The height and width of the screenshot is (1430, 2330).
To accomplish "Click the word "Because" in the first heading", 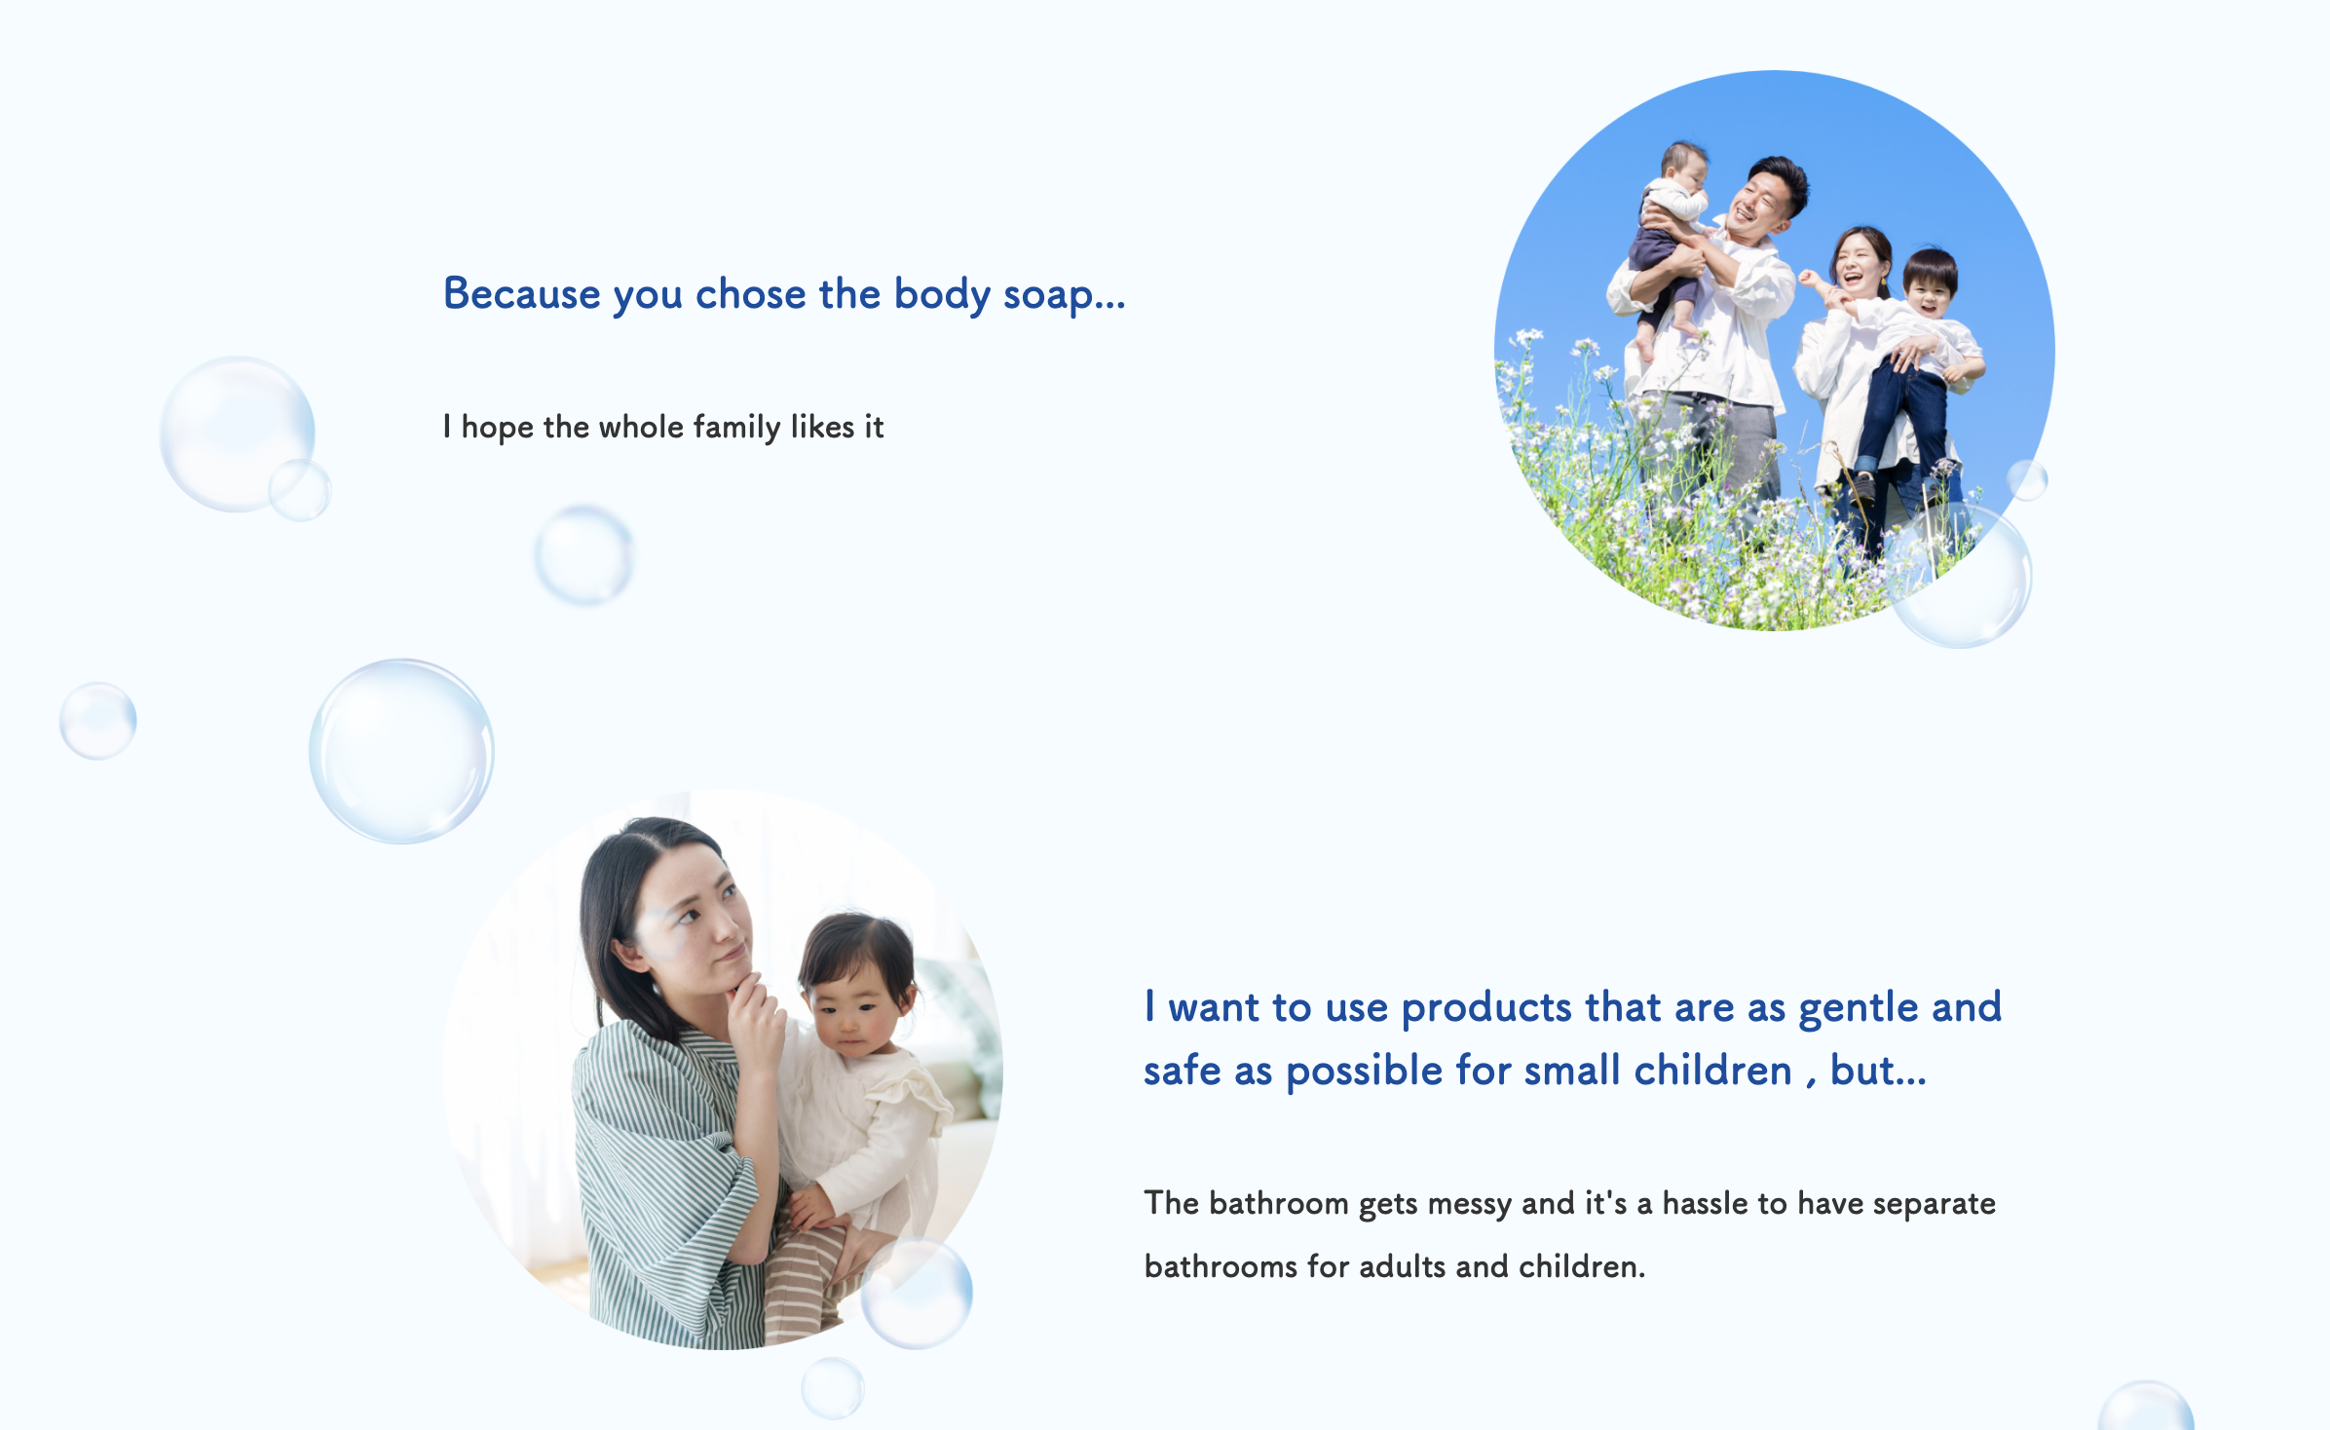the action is tap(522, 293).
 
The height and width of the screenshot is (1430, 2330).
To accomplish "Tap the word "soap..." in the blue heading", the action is tap(1064, 295).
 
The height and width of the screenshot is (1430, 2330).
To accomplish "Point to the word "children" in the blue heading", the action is tap(1712, 1071).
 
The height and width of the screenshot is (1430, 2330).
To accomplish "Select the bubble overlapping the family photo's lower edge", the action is tap(1960, 577).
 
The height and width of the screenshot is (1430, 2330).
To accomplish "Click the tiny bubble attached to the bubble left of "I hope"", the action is tap(300, 490).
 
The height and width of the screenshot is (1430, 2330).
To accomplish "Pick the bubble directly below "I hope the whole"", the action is tap(583, 555).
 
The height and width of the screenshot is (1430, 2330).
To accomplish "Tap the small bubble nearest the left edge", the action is tap(97, 721).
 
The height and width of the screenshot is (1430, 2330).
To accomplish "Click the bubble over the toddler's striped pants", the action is tap(917, 1293).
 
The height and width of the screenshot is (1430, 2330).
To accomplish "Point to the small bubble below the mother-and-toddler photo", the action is tap(833, 1388).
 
